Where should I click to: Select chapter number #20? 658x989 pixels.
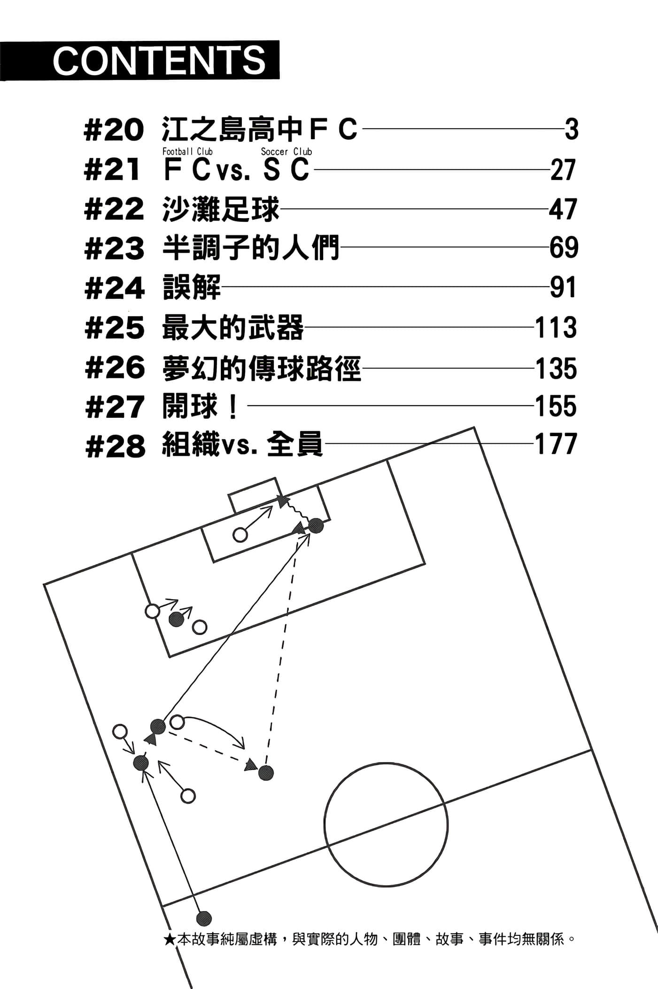click(x=114, y=130)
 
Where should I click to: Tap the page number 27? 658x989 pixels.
click(x=563, y=170)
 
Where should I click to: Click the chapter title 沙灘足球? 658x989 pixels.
click(x=221, y=210)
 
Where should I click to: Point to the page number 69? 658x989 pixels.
click(x=564, y=248)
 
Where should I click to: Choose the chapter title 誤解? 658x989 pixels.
click(x=192, y=287)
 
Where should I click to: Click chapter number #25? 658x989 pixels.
click(x=115, y=328)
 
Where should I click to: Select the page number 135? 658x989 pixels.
click(x=556, y=368)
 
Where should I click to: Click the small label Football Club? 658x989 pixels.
click(x=187, y=151)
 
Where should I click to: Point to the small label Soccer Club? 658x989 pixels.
click(x=286, y=151)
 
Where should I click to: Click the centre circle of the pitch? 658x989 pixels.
click(x=386, y=825)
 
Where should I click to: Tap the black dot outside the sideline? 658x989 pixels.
click(x=203, y=918)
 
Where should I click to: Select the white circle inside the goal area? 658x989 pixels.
click(x=240, y=534)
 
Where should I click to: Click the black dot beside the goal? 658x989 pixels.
click(x=316, y=526)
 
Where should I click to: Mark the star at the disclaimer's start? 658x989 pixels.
click(x=170, y=940)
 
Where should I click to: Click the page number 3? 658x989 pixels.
click(x=571, y=130)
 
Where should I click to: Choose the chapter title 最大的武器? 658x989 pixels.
click(x=232, y=328)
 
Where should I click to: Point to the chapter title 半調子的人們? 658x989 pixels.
click(x=250, y=248)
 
